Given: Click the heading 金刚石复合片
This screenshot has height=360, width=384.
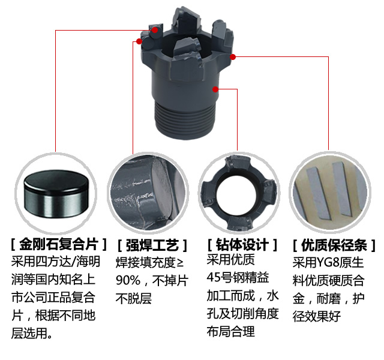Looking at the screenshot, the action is (x=59, y=244).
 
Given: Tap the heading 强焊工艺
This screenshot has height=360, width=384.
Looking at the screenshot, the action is (x=152, y=245).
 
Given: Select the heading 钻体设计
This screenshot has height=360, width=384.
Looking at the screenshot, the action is (x=242, y=245).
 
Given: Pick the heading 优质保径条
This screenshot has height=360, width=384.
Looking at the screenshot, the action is (x=334, y=245).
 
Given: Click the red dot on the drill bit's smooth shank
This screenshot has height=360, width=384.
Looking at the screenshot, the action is (x=215, y=89).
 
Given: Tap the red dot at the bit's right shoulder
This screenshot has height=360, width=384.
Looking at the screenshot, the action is (x=233, y=57).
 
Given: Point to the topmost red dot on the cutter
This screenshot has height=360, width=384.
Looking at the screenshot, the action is (x=155, y=30).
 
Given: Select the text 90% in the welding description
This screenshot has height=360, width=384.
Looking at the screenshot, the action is (x=128, y=280).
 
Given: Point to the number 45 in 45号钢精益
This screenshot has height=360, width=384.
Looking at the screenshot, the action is (x=213, y=277).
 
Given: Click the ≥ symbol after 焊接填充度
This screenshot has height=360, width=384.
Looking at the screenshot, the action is (x=180, y=263).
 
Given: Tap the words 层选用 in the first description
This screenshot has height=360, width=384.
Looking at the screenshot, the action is (x=29, y=333).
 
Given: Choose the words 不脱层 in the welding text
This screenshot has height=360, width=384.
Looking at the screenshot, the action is (x=134, y=298).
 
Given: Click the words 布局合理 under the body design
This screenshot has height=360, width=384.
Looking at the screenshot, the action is (x=230, y=332).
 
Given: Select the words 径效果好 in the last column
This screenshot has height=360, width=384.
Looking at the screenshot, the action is (x=317, y=316).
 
